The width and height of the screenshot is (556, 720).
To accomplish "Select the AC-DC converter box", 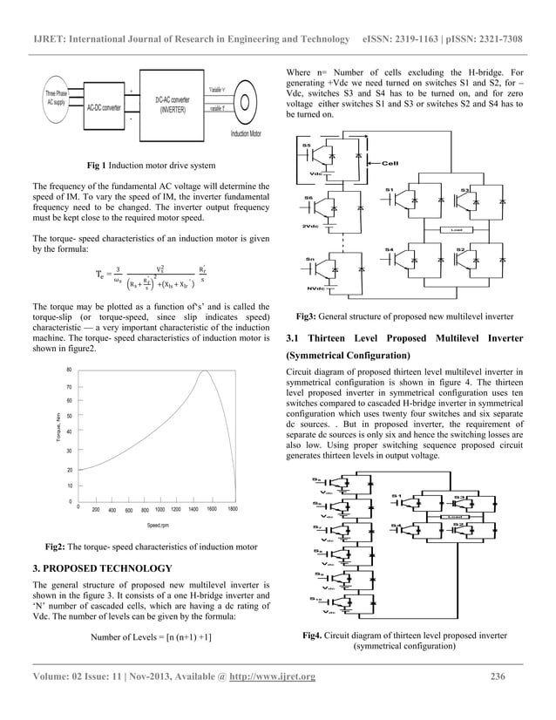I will point(104,108).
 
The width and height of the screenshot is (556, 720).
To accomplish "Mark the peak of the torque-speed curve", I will point(205,372).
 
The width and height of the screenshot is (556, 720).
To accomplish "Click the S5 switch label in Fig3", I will point(306,144).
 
